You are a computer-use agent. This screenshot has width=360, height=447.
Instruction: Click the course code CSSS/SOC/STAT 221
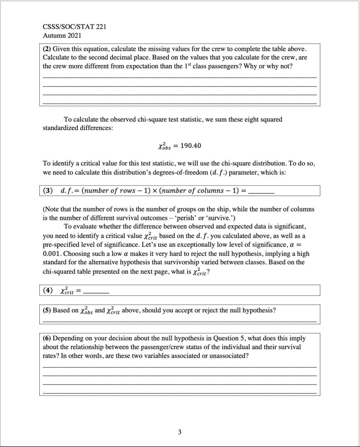pyautogui.click(x=74, y=27)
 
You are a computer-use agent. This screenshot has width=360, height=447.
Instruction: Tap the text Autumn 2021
pyautogui.click(x=62, y=35)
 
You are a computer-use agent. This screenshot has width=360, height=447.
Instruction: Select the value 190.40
pyautogui.click(x=190, y=146)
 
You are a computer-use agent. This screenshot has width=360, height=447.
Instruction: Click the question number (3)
pyautogui.click(x=48, y=191)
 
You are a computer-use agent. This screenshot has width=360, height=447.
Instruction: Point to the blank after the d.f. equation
pyautogui.click(x=261, y=192)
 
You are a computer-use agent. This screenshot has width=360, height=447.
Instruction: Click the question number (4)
pyautogui.click(x=48, y=291)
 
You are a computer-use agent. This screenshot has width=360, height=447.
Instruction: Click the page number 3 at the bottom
pyautogui.click(x=180, y=432)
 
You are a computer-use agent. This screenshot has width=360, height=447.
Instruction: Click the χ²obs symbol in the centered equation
pyautogui.click(x=164, y=146)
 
